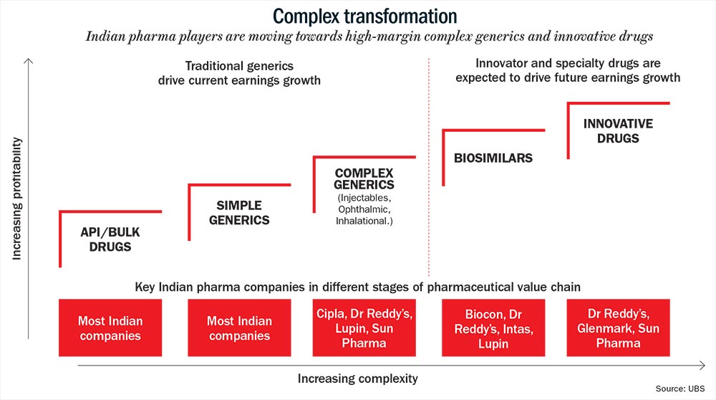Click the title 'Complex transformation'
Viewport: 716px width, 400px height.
365,16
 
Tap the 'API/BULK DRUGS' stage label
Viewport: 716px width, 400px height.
110,239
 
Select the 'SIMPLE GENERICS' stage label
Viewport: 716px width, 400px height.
239,213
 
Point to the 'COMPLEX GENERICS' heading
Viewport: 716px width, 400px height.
364,178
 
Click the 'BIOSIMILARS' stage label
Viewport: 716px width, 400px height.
493,158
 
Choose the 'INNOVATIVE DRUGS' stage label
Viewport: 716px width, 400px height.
619,131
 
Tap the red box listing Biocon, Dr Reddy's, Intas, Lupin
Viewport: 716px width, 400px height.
493,328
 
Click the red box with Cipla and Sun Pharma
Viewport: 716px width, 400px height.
364,328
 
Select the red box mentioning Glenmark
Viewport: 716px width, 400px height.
619,328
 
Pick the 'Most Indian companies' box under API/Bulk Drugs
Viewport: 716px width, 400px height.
110,328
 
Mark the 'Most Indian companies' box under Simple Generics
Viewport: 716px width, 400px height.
239,328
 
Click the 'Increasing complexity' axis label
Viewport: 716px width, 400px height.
357,378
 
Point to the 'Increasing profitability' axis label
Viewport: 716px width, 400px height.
16,199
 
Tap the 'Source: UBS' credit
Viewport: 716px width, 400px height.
680,389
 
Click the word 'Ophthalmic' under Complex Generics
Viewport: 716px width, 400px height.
363,210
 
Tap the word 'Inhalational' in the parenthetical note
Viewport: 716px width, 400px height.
362,222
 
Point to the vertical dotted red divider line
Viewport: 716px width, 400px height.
429,167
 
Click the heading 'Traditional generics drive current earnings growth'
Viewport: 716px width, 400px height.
239,73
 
